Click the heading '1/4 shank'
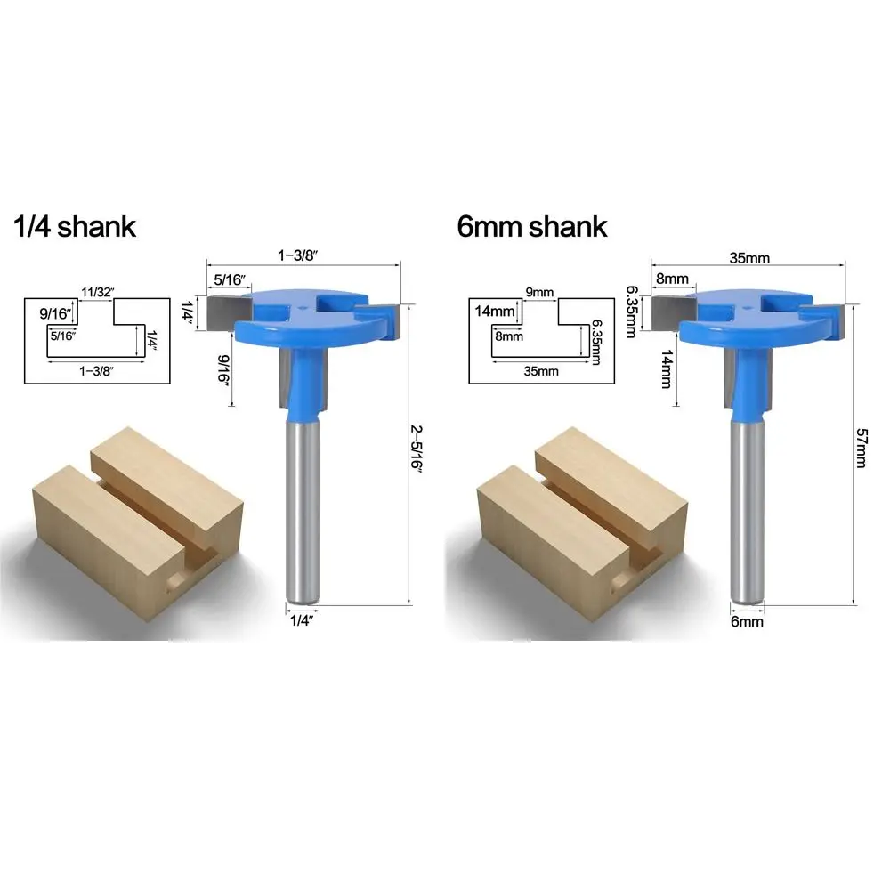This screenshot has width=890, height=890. point(75,227)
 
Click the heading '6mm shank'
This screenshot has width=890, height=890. point(532,227)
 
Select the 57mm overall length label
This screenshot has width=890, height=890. point(861,448)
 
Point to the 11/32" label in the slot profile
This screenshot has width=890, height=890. point(98,292)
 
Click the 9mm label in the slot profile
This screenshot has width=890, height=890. point(539,292)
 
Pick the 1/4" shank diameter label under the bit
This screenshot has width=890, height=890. point(302,620)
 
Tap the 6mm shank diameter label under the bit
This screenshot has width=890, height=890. point(747,621)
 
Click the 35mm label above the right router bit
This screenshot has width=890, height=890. point(749,258)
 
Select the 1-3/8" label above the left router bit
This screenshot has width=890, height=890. point(297,255)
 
